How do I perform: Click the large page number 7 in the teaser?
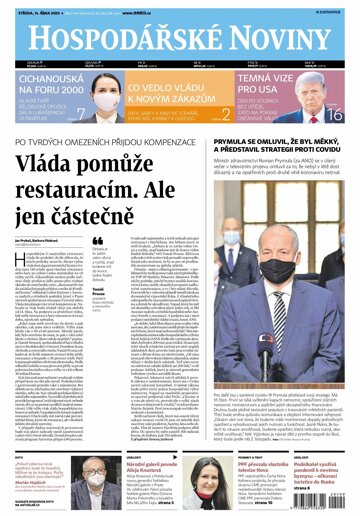pyautogui.click(x=80, y=115)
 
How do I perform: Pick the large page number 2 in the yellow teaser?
pyautogui.click(x=226, y=114)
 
